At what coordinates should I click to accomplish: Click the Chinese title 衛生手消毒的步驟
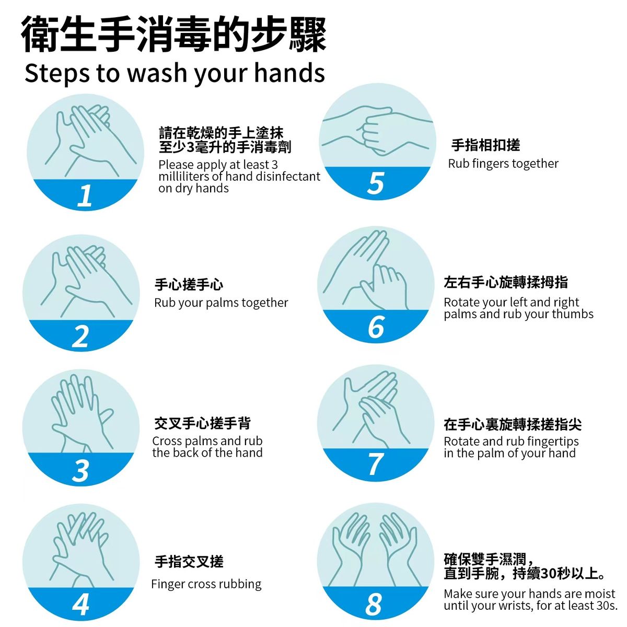coord(174,34)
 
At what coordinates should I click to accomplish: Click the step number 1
coord(85,195)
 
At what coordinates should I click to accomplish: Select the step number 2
coord(80,336)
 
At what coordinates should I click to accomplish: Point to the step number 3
coord(80,470)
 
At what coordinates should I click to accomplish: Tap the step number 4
coord(80,605)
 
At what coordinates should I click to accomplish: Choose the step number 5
coord(375,183)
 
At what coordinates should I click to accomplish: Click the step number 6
coord(376,327)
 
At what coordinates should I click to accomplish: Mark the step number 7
coord(375,464)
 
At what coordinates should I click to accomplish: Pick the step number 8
coord(374,604)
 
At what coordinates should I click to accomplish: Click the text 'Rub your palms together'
coord(221,303)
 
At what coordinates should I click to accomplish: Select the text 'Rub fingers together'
coord(503,164)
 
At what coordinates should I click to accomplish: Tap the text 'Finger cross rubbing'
coord(206,584)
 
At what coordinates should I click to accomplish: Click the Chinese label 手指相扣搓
coord(485,145)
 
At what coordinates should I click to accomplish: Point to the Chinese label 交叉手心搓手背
coord(202,423)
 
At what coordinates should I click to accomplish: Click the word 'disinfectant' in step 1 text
coord(287,177)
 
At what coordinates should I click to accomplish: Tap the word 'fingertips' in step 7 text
coord(550,442)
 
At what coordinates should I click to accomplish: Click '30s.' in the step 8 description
coord(606,606)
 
